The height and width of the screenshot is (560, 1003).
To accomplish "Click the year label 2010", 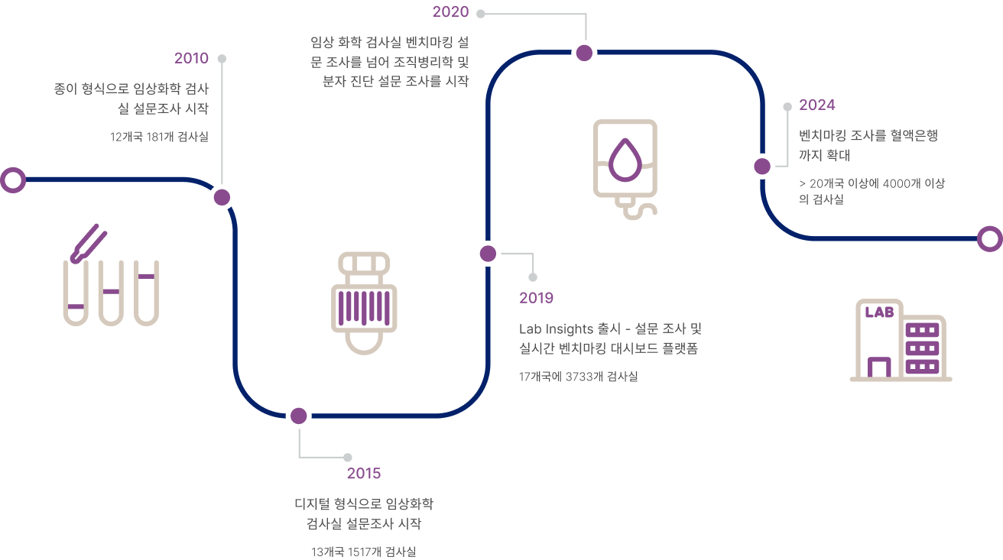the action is (191, 58).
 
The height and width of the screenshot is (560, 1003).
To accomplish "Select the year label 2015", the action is (364, 473).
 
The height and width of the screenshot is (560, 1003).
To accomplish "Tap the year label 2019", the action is (536, 298).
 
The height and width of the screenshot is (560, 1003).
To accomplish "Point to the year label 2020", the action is (450, 11).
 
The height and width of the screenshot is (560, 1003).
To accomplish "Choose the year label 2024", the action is (816, 105).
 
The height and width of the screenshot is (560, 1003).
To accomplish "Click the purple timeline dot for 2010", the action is (222, 197).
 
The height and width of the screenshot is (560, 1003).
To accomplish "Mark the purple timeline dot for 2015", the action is (299, 416).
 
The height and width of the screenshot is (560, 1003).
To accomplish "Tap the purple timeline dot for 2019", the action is (488, 254).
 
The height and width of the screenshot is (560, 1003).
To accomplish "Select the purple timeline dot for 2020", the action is (584, 53).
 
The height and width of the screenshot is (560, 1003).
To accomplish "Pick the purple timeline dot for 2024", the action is (762, 166).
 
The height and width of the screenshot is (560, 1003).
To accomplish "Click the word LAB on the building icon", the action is (879, 312).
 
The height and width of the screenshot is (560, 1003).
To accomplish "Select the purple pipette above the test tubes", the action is (89, 244).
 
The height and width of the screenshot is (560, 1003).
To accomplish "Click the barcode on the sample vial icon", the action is (364, 308).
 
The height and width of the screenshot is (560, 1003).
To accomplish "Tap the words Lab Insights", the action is (557, 329).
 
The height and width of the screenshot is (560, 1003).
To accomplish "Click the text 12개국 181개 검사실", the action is (160, 137).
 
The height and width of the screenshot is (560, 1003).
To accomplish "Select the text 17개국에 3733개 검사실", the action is (578, 377).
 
